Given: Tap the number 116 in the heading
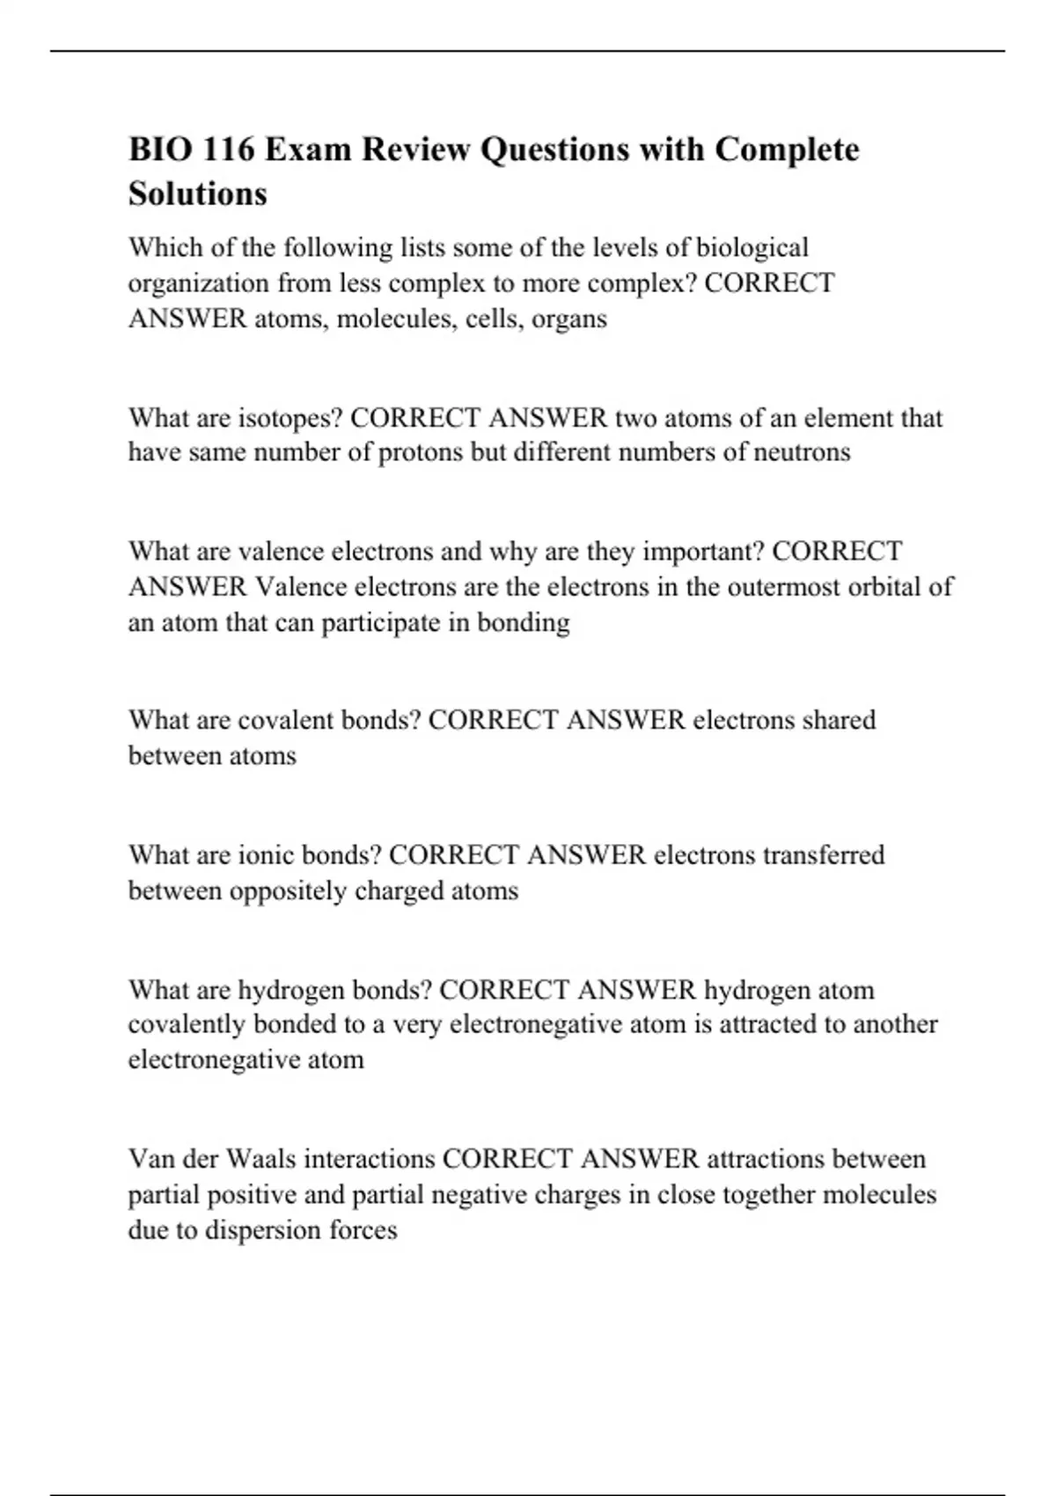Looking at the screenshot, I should pos(228,150).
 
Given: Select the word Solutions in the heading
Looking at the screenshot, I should pos(197,194).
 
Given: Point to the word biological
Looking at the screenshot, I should pos(752,248).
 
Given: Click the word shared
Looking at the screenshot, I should pos(839,721).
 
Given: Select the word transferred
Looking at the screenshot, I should pos(824,855).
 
